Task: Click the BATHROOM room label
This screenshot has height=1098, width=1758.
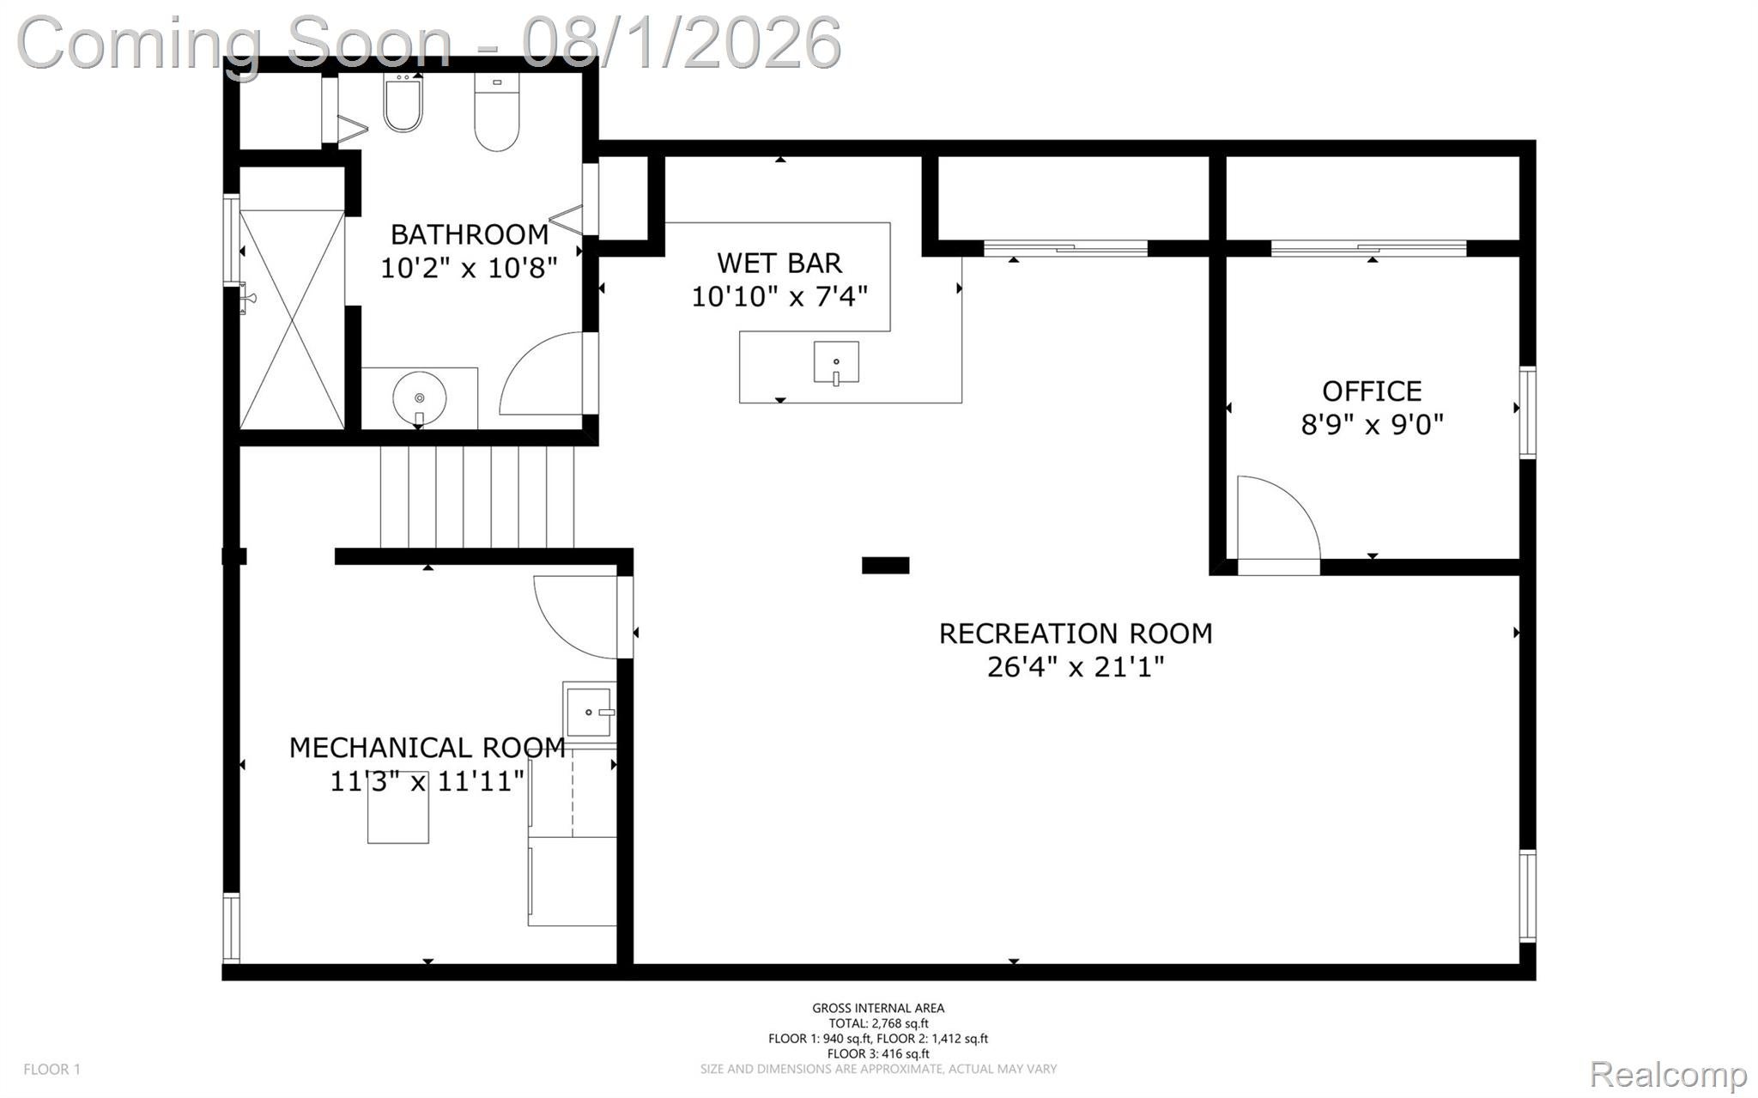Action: [470, 234]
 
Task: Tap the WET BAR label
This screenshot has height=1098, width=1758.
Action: [779, 263]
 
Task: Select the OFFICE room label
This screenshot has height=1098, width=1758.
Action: [1372, 391]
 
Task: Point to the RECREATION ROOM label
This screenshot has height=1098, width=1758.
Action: [1076, 634]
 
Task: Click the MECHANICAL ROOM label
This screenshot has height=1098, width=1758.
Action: [427, 748]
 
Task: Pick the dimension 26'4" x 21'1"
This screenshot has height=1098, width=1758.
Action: [1076, 667]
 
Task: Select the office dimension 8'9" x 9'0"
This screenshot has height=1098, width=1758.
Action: [1372, 424]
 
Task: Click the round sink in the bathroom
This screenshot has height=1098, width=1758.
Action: [420, 398]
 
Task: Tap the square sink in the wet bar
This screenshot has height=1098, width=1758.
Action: [836, 362]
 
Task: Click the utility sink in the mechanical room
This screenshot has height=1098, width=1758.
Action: [589, 713]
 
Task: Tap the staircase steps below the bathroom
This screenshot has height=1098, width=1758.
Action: [477, 497]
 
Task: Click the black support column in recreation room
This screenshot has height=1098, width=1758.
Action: [885, 565]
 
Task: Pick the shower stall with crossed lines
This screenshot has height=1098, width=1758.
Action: [292, 319]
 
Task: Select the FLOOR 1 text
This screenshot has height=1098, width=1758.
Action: [52, 1069]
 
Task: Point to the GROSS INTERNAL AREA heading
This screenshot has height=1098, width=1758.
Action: [878, 1008]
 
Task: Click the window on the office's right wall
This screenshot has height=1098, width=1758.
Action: [1527, 412]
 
